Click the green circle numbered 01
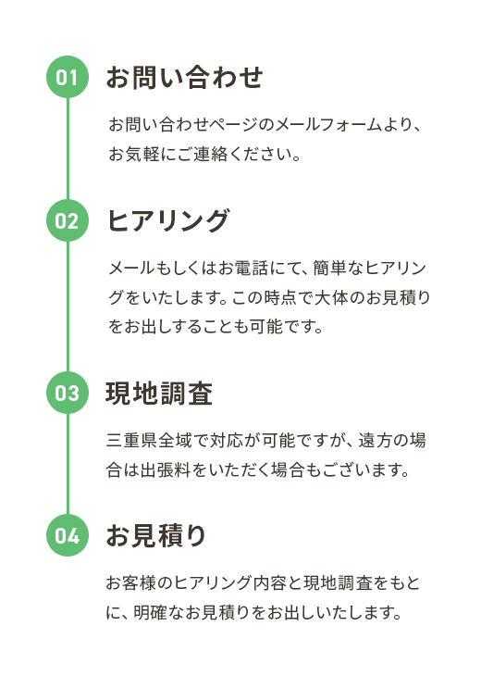click(68, 77)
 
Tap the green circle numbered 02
click(68, 220)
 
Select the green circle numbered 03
click(68, 393)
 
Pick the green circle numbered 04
click(68, 535)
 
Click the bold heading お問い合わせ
click(184, 78)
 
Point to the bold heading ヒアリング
click(168, 220)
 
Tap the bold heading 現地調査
click(159, 394)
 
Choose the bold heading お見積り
click(156, 535)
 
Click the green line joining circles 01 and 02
click(68, 149)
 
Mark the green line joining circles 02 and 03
click(68, 307)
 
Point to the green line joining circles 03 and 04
click(68, 464)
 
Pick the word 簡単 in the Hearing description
click(330, 269)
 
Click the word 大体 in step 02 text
click(331, 297)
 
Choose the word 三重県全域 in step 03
click(149, 441)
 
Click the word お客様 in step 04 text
click(131, 582)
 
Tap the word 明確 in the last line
click(150, 612)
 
